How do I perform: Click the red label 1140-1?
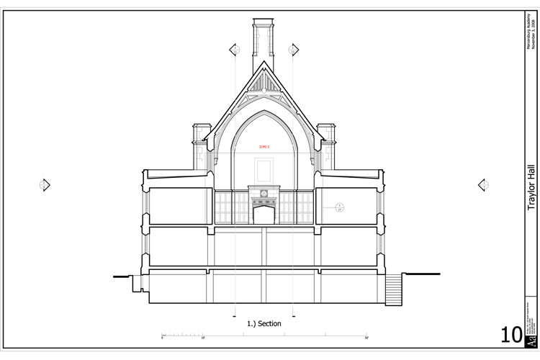(x=264, y=147)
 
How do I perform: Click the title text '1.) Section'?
(x=264, y=324)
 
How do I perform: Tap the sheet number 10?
(x=513, y=335)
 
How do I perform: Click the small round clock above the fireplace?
(x=264, y=194)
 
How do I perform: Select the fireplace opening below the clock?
(x=264, y=215)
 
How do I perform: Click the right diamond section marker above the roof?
(x=293, y=50)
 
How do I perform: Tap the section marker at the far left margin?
(x=45, y=185)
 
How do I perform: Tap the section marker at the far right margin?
(x=484, y=185)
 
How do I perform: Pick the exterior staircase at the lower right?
(x=393, y=289)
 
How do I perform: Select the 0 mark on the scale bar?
(x=163, y=336)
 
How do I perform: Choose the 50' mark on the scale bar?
(x=366, y=336)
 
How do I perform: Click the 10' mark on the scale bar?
(x=204, y=336)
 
